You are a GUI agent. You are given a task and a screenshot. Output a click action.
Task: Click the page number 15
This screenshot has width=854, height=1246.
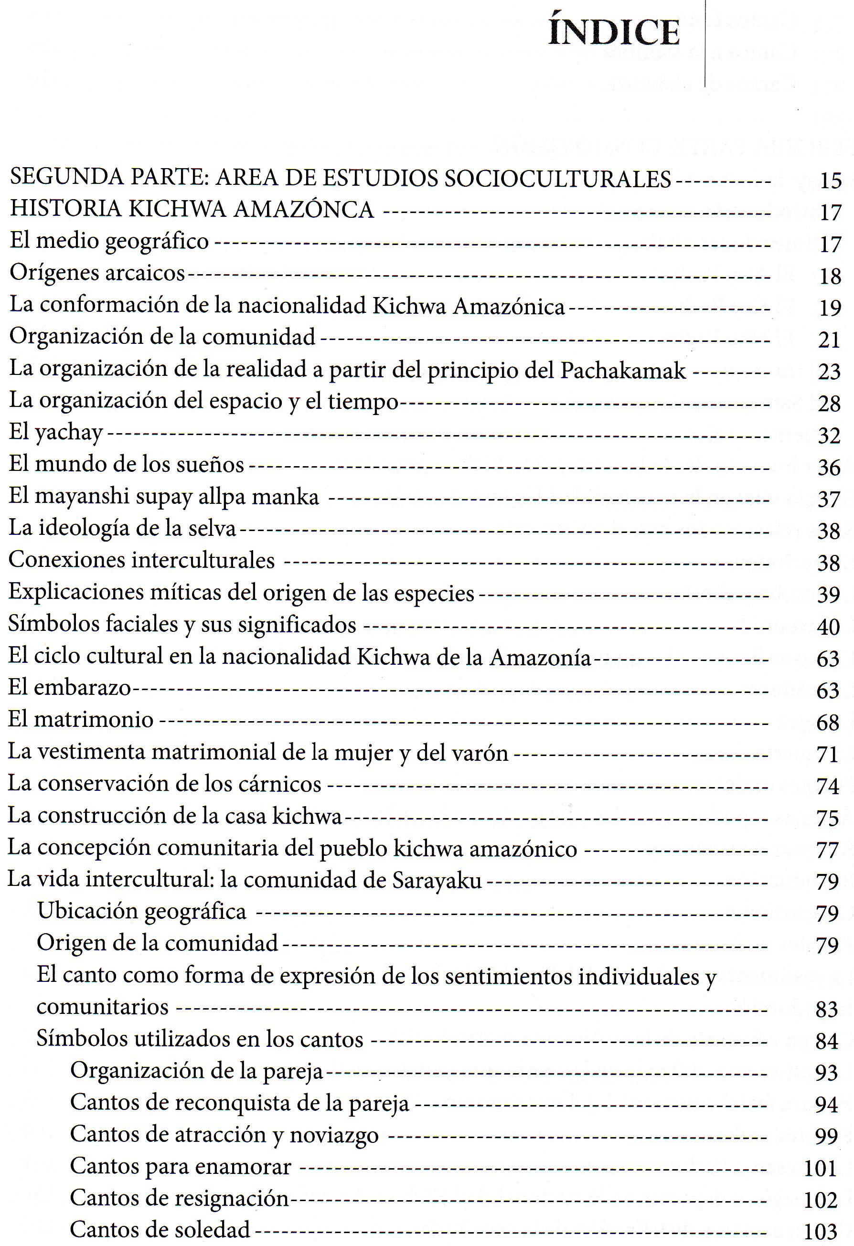[830, 181]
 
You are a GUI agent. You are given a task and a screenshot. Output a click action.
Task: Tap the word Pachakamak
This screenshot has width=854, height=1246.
[623, 371]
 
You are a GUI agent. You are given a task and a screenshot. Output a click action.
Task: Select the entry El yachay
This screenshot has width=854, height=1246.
[56, 433]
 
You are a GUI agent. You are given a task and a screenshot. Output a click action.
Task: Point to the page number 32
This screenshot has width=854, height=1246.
[829, 436]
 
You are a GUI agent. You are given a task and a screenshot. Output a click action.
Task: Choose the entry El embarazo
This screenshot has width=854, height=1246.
[70, 688]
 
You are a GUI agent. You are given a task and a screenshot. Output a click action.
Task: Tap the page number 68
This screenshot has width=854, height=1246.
[828, 723]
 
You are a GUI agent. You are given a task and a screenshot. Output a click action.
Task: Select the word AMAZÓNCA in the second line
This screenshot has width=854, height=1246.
[304, 209]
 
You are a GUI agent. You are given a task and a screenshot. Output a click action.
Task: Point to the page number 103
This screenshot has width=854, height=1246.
[820, 1232]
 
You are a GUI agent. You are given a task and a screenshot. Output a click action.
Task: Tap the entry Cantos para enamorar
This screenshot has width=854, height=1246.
[181, 1167]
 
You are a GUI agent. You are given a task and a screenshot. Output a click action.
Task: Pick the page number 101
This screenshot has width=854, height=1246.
[820, 1169]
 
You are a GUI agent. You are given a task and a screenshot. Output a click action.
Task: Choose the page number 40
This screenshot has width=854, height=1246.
[828, 627]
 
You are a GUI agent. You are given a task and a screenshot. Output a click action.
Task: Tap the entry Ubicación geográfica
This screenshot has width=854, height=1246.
[141, 911]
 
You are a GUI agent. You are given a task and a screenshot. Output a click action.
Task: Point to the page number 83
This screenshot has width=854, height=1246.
[826, 1010]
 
